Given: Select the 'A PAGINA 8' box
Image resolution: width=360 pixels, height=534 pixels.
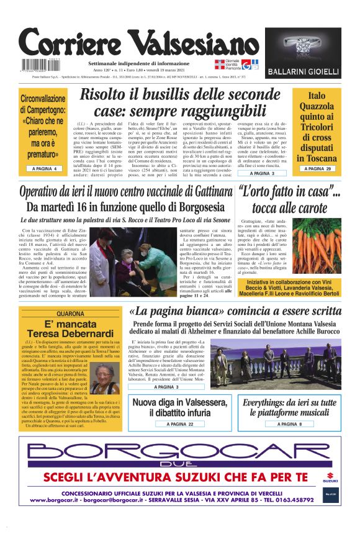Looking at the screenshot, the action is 288,424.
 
